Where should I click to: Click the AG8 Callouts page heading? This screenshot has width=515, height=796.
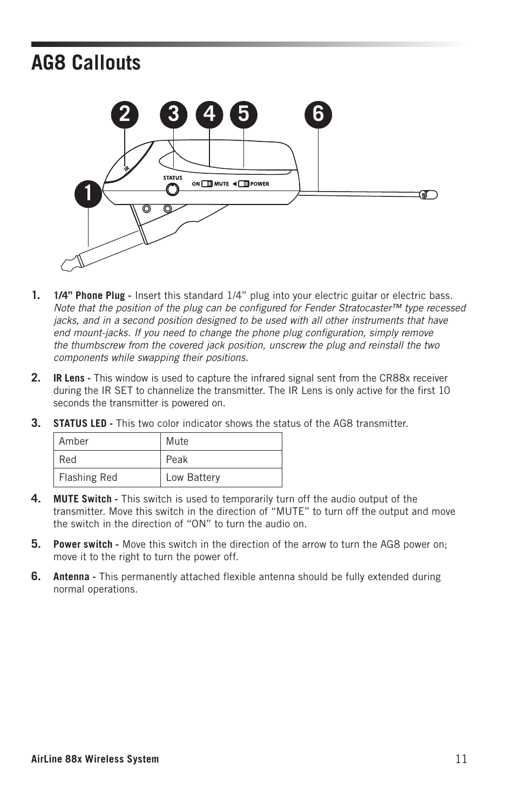[86, 63]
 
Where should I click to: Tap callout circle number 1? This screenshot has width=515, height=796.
[89, 194]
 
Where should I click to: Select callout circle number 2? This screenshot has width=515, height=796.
[125, 114]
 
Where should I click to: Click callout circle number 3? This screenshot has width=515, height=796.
[173, 114]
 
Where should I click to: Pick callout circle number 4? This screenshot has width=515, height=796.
[209, 114]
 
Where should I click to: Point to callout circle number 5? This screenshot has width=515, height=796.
[244, 114]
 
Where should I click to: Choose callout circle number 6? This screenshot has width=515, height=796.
[318, 114]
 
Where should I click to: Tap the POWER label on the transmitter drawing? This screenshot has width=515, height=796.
[260, 184]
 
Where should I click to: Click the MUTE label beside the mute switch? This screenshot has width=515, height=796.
[221, 184]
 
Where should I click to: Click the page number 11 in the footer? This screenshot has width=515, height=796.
[461, 759]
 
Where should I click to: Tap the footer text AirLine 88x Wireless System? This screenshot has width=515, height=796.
[95, 759]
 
